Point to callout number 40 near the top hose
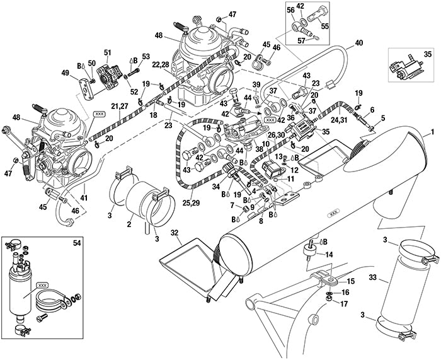[359, 43]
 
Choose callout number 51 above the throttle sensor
[107, 52]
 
